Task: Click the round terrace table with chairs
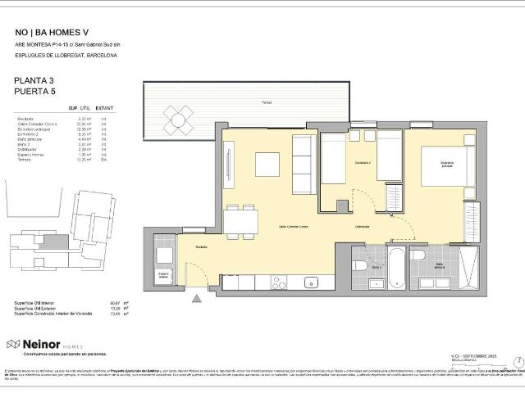click(x=176, y=121)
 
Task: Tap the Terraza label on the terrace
click(x=267, y=102)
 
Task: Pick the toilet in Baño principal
click(x=418, y=258)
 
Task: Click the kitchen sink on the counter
click(x=311, y=283)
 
